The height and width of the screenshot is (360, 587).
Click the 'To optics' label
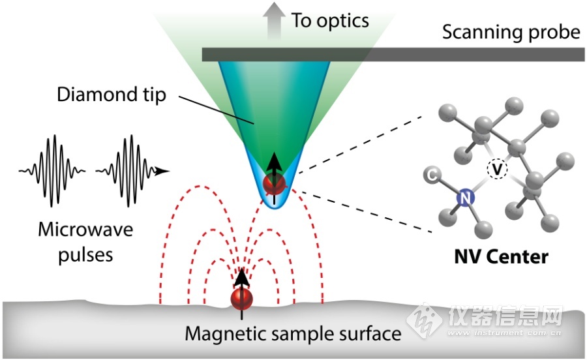(x=330, y=21)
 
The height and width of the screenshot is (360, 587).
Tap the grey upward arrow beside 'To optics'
(x=274, y=21)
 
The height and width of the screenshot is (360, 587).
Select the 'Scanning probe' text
(x=511, y=32)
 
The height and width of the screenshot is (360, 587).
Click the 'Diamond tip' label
(x=112, y=95)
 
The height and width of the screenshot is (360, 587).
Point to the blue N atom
(x=465, y=198)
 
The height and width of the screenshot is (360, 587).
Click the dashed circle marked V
(x=497, y=169)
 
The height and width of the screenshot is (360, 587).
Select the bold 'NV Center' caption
(x=502, y=257)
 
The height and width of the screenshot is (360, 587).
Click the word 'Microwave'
(x=85, y=230)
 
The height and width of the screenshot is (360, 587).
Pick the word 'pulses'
(x=85, y=255)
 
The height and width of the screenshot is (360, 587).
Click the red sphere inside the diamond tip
(x=274, y=184)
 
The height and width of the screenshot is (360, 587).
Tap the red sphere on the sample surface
(x=241, y=299)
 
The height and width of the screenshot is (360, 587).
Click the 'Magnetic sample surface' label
(x=293, y=333)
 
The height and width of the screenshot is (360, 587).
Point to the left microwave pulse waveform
(x=52, y=171)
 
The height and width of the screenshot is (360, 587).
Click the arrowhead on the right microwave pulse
(x=162, y=172)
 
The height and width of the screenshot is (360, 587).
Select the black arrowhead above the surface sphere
(x=241, y=277)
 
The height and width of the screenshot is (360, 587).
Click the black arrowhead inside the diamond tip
(x=275, y=162)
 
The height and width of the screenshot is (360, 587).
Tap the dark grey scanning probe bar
(x=393, y=55)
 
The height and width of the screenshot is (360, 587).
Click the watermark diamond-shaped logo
(x=424, y=320)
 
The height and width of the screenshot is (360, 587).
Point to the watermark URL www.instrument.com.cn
(x=504, y=333)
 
